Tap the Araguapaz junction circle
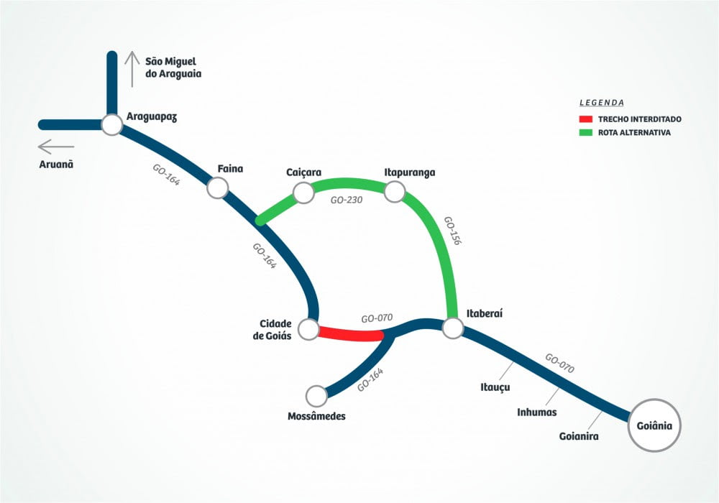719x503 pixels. (111, 125)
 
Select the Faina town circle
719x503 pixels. (217, 188)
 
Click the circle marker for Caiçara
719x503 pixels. (303, 192)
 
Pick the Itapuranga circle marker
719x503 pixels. (395, 191)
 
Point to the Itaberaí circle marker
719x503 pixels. (452, 328)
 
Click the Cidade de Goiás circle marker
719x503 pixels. (308, 330)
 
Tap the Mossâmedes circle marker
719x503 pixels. (316, 395)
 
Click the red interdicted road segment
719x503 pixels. (351, 334)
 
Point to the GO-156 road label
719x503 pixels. (452, 231)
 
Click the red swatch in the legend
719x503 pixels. (585, 119)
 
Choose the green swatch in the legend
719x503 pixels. (585, 132)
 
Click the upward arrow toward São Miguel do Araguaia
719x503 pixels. (132, 69)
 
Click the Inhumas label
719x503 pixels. (536, 412)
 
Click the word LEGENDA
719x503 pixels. (602, 103)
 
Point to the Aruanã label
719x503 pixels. (56, 165)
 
